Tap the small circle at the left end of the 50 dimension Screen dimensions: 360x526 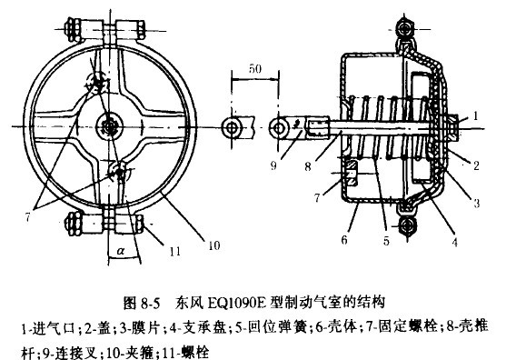pyautogui.click(x=233, y=124)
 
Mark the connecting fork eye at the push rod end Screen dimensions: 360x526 pyautogui.click(x=284, y=125)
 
